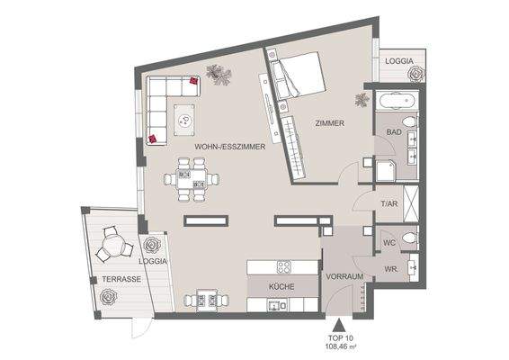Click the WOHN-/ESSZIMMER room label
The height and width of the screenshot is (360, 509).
[x=229, y=146]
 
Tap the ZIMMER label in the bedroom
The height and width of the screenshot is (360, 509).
[x=329, y=122]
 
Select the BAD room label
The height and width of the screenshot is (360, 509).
[x=394, y=132]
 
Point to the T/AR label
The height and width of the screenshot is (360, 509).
[x=388, y=204]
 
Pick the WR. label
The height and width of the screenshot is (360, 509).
[x=391, y=268]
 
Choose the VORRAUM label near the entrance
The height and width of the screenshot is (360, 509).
[x=344, y=276]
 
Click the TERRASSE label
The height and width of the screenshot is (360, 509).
[x=120, y=280]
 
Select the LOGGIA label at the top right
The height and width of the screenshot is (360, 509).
[x=399, y=61]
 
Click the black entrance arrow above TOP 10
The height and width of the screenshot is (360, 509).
[x=339, y=328]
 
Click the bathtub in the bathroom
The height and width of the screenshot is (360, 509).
[x=397, y=101]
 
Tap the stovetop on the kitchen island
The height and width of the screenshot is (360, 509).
[x=283, y=266]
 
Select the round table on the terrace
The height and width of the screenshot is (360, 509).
[x=112, y=243]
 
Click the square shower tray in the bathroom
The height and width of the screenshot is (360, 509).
[x=388, y=170]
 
